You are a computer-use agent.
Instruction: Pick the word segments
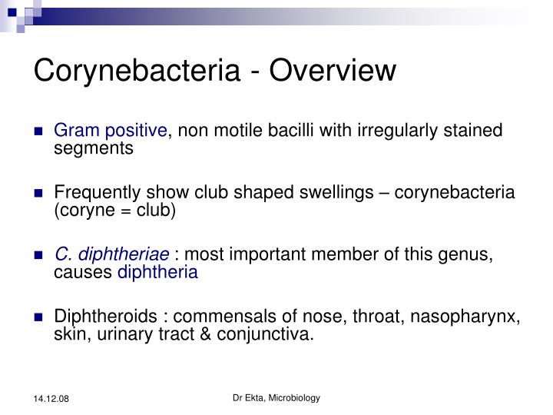click(94, 148)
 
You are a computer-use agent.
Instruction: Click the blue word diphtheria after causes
click(157, 272)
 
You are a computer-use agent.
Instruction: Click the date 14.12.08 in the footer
click(50, 398)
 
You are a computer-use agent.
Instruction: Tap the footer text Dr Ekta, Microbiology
click(276, 397)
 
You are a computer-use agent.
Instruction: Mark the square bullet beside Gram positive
click(39, 131)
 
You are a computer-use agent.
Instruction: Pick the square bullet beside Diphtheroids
click(39, 317)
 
